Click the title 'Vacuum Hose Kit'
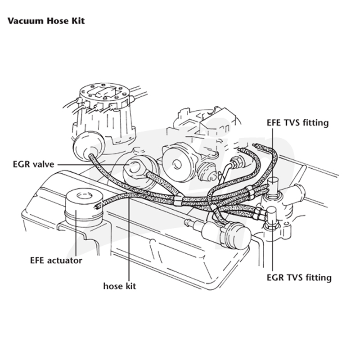46,21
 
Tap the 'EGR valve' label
33,164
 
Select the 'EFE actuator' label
56,261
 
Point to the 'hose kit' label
120,286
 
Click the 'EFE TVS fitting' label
297,122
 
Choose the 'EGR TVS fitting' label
299,278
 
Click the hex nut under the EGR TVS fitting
271,226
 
